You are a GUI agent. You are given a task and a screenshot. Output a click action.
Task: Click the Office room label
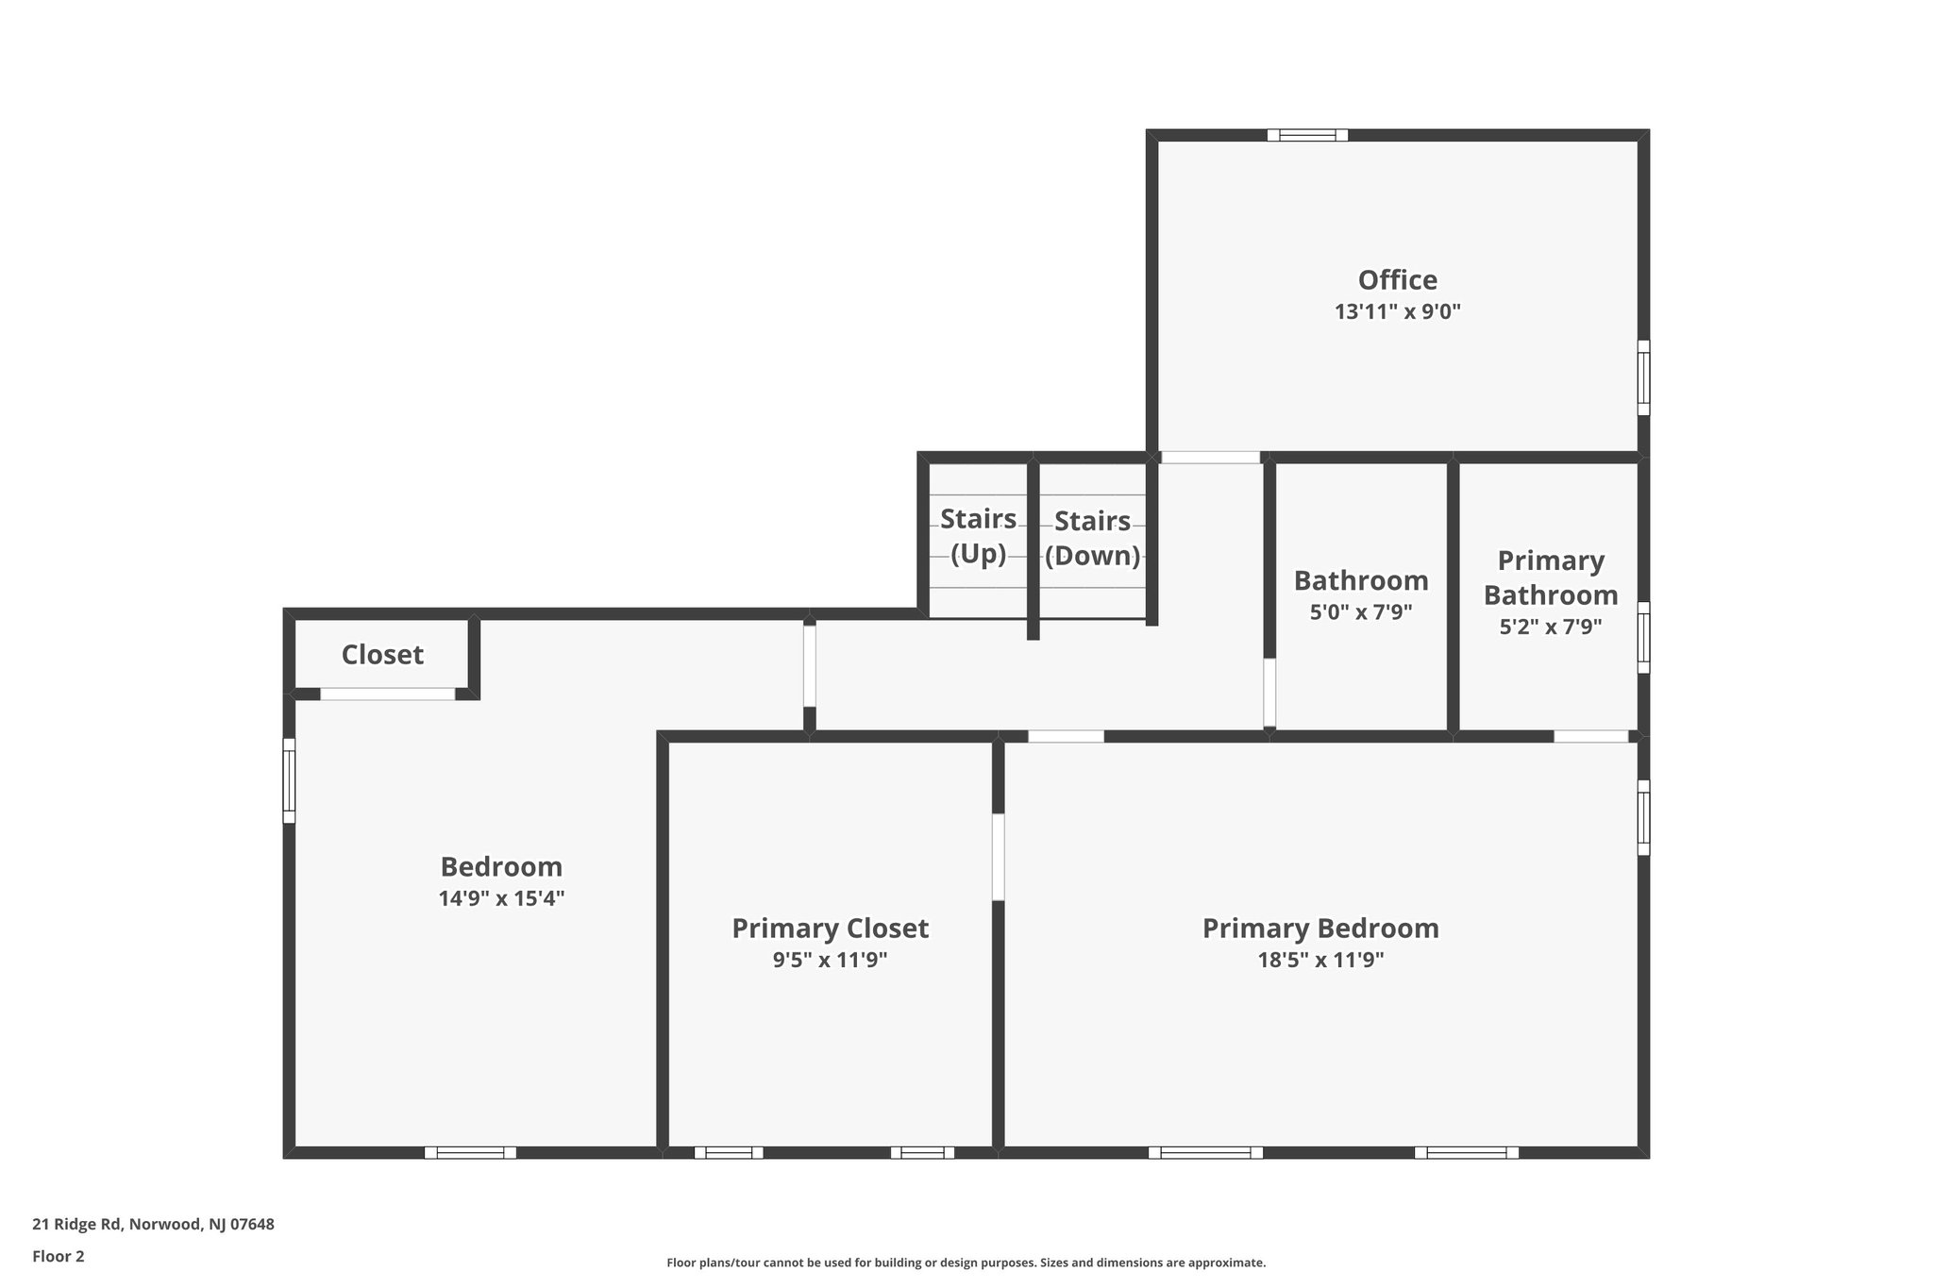tap(1397, 280)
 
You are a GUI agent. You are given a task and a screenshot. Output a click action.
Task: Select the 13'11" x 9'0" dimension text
tap(1397, 312)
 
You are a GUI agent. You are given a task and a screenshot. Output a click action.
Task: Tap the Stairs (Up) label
tap(978, 536)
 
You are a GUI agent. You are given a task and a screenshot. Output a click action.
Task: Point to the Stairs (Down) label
tap(1092, 538)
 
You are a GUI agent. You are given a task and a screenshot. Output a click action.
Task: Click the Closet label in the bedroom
tap(382, 655)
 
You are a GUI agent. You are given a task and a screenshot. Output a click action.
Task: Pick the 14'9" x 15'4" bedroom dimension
tap(501, 898)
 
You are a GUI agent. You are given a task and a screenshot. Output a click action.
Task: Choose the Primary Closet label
tap(830, 928)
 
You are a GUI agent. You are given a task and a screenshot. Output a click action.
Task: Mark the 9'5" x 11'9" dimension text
tap(830, 961)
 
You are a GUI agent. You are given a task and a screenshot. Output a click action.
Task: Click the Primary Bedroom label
tap(1320, 928)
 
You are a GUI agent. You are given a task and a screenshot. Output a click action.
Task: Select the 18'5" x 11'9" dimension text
tap(1320, 961)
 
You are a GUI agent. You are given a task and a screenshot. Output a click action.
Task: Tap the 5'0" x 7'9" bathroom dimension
tap(1360, 612)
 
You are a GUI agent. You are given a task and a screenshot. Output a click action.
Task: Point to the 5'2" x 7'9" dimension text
tap(1550, 627)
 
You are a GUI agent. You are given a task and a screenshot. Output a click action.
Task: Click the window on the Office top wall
tap(1307, 135)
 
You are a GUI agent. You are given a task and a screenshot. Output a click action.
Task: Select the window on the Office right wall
tap(1643, 377)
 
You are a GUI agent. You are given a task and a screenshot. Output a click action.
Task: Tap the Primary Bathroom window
tap(1643, 638)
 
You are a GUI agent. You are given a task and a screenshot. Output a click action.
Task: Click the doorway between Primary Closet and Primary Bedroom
tap(998, 857)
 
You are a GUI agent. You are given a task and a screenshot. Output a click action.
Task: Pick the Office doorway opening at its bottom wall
tap(1210, 458)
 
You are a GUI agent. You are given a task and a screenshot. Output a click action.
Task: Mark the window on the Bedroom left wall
tap(290, 780)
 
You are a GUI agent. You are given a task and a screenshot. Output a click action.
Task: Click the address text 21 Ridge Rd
tap(153, 1225)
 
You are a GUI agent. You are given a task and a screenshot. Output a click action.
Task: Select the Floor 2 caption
tap(59, 1256)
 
